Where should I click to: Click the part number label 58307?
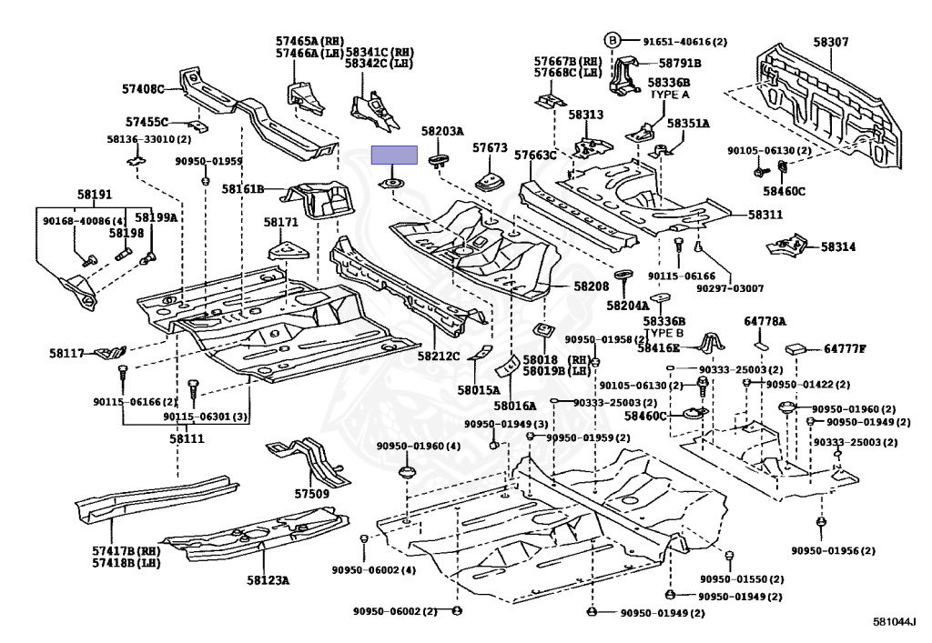tap(831, 42)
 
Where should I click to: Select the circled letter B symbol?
tap(613, 40)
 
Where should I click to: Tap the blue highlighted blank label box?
tap(394, 155)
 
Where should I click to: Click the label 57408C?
tap(143, 89)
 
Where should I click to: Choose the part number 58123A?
tap(267, 579)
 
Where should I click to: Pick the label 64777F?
tap(844, 348)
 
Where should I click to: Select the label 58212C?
tap(439, 355)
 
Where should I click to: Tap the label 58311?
tap(766, 215)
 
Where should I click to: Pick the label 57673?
tap(490, 147)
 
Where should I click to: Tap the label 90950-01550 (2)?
tap(741, 579)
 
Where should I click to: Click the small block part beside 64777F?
tap(797, 347)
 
